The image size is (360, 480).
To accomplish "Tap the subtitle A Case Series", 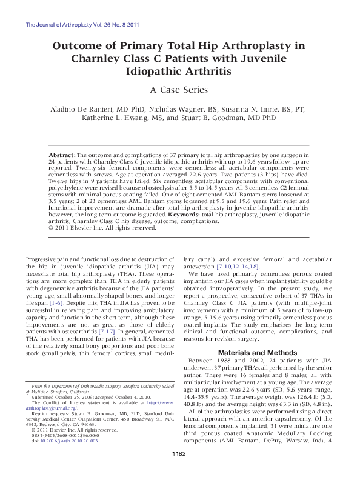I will coord(179,90).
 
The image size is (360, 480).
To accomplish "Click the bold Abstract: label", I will coord(62,156).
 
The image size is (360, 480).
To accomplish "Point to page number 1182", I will coord(179,470).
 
